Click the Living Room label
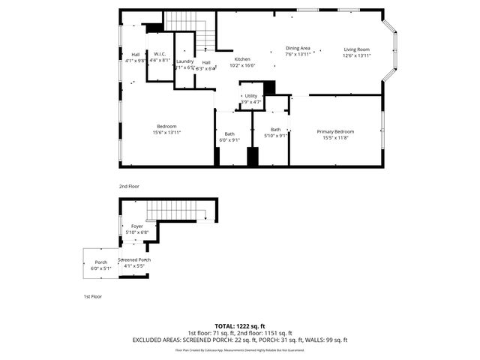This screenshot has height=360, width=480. point(356,52)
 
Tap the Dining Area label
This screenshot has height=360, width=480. point(298,52)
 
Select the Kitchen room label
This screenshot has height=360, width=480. point(242,62)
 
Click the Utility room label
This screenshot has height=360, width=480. point(250,99)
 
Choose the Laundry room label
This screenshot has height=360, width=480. point(185,64)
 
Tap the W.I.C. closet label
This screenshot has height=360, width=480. point(160,57)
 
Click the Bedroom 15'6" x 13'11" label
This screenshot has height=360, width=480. point(166,128)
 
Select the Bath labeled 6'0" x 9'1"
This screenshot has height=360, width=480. point(229,136)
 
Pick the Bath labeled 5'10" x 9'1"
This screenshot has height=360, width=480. point(276,132)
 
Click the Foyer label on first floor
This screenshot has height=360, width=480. point(136,229)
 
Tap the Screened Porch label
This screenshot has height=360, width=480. point(133,262)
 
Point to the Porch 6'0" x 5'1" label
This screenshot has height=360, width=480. point(100,265)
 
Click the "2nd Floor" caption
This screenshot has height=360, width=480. point(128,186)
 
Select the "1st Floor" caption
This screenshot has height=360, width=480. point(92,296)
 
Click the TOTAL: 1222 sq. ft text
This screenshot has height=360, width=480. point(239,326)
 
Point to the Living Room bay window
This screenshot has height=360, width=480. point(391,51)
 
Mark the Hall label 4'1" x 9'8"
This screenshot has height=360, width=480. point(136,57)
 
